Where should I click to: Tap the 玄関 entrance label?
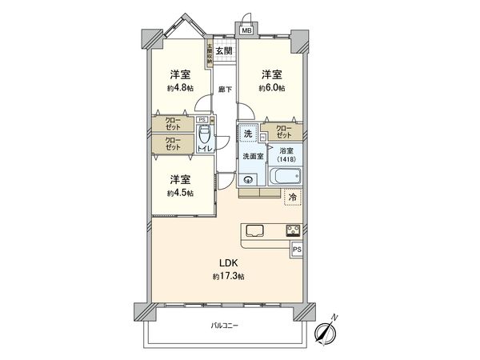click(x=225, y=51)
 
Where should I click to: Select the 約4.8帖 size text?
click(x=180, y=88)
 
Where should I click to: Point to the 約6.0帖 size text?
click(x=272, y=87)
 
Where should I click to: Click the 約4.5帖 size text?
click(x=180, y=193)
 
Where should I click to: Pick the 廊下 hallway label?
click(x=225, y=89)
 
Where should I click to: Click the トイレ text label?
click(x=205, y=149)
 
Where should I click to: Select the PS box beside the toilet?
click(x=202, y=120)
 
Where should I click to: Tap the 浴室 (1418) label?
click(x=286, y=155)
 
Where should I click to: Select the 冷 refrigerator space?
click(x=293, y=197)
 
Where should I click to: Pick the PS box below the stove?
click(x=297, y=250)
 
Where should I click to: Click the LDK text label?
click(x=229, y=262)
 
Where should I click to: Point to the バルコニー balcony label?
click(x=225, y=326)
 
